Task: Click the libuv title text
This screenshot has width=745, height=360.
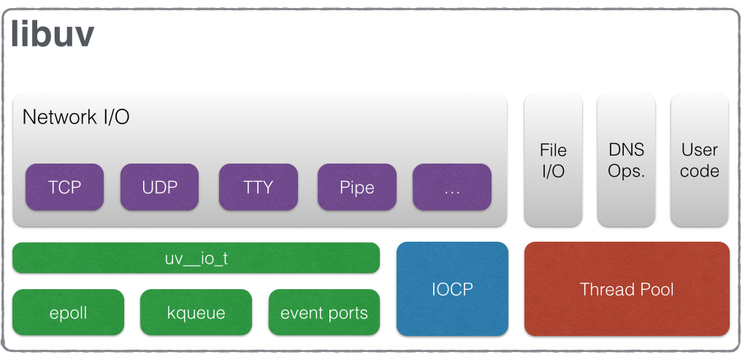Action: [x=53, y=34]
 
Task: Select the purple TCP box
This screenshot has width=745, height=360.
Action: [x=64, y=187]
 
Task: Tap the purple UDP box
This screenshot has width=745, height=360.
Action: [x=159, y=187]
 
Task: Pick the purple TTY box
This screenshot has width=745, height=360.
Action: [x=258, y=187]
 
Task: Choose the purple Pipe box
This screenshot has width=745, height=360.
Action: [x=356, y=187]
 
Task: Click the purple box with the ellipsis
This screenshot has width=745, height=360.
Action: [x=451, y=187]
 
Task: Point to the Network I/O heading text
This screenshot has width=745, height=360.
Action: [x=76, y=117]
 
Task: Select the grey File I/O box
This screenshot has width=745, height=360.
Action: [x=553, y=160]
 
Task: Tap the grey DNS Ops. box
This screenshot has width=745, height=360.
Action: [x=626, y=160]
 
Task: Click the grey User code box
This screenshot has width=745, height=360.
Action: [x=699, y=160]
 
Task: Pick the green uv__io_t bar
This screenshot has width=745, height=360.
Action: [x=196, y=258]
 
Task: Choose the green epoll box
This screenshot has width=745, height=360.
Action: [x=69, y=313]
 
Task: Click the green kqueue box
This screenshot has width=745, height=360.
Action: [x=196, y=313]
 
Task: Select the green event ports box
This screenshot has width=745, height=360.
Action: [x=324, y=313]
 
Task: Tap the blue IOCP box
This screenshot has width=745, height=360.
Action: [x=451, y=288]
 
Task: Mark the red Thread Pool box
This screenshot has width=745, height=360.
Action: [x=627, y=288]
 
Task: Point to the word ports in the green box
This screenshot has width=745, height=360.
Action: [x=347, y=314]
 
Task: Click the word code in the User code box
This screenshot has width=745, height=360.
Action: [x=699, y=172]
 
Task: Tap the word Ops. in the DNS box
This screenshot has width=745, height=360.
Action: [x=626, y=172]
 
